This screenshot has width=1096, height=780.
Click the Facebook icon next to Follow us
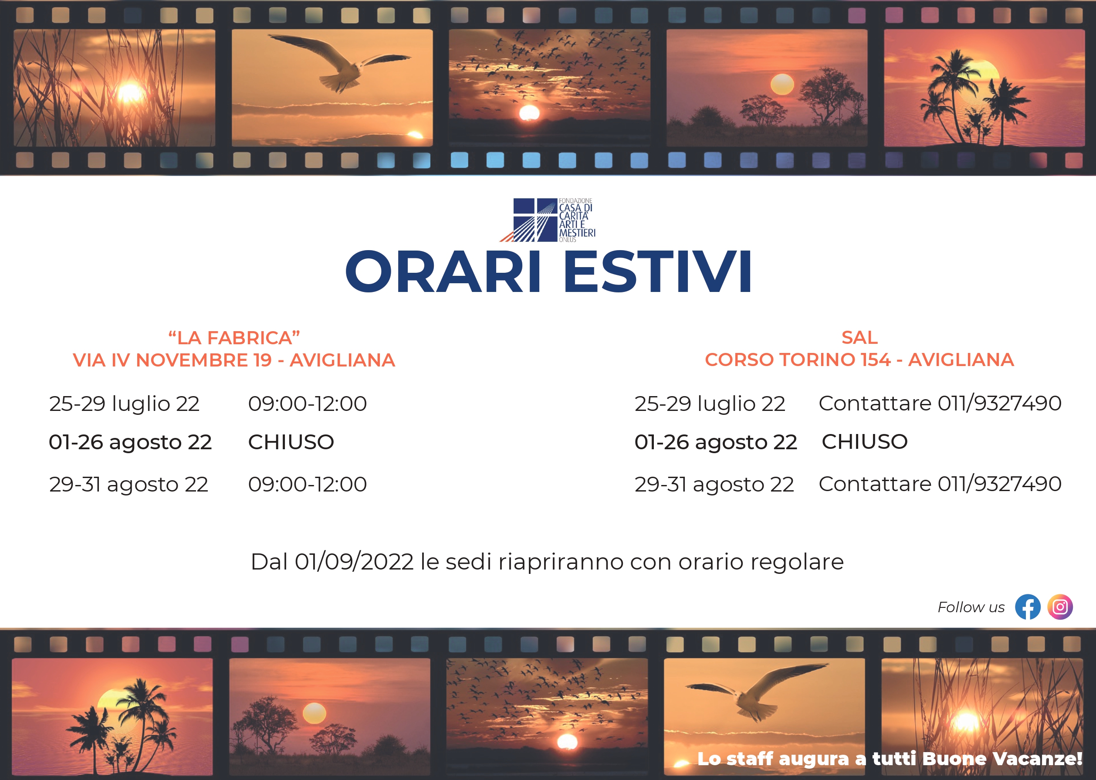[x=1028, y=607]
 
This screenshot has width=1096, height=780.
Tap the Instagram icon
[x=1060, y=607]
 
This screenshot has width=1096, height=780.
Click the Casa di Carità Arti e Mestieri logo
[x=548, y=220]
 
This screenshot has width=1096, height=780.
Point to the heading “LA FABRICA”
[x=234, y=338]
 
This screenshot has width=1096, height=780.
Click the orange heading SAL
[x=859, y=337]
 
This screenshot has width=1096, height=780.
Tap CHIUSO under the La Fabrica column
[x=291, y=442]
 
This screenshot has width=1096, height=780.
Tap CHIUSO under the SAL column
[x=865, y=441]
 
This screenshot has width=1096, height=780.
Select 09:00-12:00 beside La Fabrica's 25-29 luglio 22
[x=307, y=404]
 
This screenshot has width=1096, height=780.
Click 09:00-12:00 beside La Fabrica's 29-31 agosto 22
[x=307, y=484]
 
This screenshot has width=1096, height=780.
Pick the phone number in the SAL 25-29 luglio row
[x=999, y=404]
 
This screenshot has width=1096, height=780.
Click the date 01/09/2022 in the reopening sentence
[x=354, y=561]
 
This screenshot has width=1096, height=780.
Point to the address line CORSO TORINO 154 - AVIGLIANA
[x=859, y=360]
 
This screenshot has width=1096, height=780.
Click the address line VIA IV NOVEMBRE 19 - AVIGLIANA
[x=234, y=360]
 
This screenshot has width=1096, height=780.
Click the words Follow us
[x=971, y=607]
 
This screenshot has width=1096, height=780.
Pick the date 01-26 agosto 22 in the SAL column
[x=716, y=442]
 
